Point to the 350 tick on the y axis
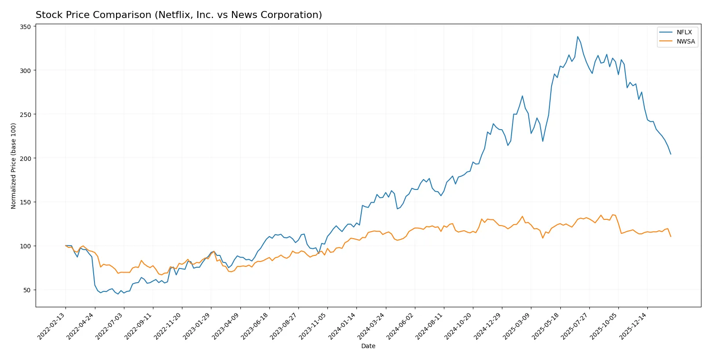click(25, 27)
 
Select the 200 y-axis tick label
click(25, 158)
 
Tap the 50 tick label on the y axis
click(27, 290)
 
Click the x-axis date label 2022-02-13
click(52, 326)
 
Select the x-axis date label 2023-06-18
click(255, 326)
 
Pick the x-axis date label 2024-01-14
click(342, 326)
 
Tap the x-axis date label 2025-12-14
click(633, 326)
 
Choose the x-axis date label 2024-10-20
click(458, 326)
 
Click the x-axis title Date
click(368, 346)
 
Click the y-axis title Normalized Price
click(13, 166)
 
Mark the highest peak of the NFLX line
click(578, 36)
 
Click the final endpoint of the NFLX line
click(671, 154)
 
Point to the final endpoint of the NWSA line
click(671, 236)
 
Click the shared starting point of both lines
click(65, 246)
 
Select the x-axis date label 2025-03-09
click(517, 326)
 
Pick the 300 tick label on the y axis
click(25, 70)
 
